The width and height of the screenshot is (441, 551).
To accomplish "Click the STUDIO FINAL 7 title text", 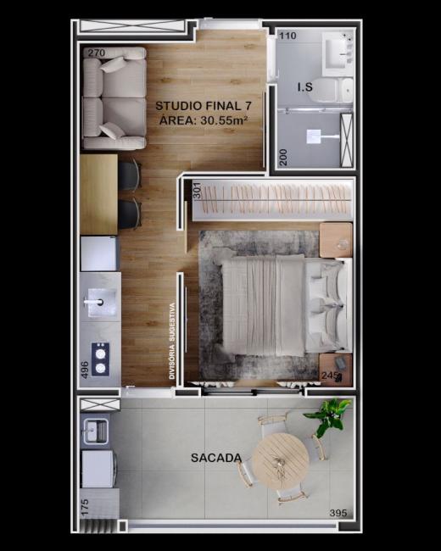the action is pos(204,106).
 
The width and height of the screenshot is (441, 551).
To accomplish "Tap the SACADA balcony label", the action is pos(216,458).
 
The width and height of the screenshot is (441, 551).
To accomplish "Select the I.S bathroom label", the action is pos(305,86).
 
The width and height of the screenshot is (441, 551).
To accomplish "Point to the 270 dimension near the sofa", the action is pos(97,53).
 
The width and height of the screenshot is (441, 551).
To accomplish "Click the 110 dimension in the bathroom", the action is pos(287,36).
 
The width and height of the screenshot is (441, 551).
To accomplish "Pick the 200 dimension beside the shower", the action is pos(283,157).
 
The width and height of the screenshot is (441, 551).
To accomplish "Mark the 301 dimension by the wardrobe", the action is pos(198,190).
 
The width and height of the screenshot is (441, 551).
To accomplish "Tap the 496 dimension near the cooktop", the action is pos(85,370).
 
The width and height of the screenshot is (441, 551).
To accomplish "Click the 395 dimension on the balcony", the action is pos(338,513).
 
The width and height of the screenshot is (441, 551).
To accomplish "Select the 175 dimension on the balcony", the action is pos(85,508).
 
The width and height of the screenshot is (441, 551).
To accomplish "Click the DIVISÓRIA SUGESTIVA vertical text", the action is pos(172,341).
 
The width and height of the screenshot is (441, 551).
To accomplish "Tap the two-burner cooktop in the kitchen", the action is pos(101,359).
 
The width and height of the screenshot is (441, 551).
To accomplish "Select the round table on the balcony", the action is pos(281,460).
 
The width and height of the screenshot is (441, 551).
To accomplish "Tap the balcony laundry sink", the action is pos(95,431).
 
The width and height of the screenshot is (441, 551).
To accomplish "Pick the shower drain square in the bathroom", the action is pos(313,136).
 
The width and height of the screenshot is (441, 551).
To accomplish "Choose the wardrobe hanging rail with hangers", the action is pos(272,200).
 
